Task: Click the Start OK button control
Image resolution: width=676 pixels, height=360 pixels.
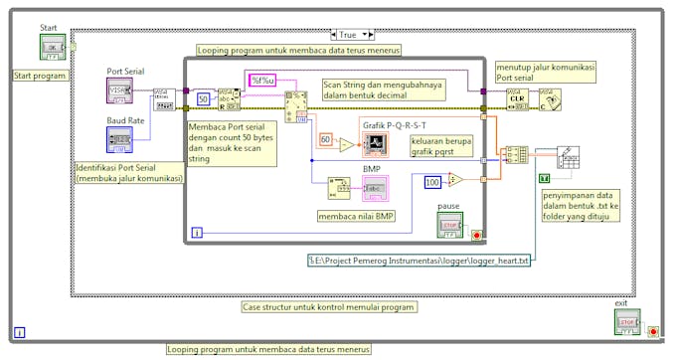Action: [52, 47]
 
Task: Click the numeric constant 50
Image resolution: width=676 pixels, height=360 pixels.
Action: [202, 98]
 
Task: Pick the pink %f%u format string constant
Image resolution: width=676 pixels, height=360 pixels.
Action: [262, 80]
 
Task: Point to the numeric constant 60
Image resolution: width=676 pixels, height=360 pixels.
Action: [325, 140]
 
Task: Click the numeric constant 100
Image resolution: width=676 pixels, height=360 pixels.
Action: [431, 182]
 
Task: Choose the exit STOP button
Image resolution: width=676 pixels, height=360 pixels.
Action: [626, 322]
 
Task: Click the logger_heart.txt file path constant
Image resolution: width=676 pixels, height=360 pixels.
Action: [419, 261]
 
